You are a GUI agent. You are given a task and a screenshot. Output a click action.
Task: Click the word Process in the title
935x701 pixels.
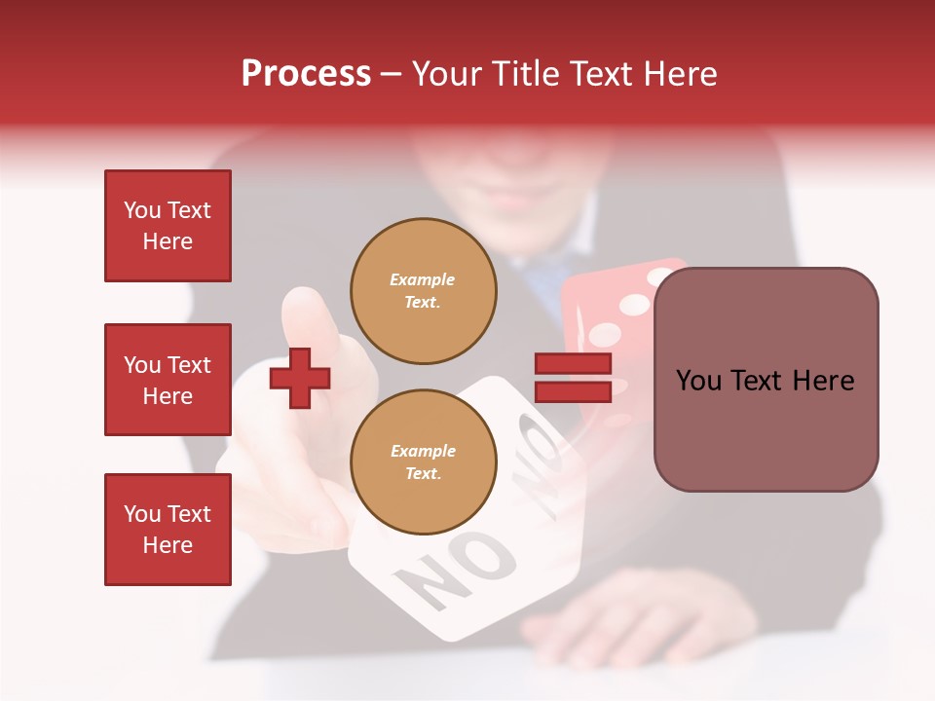(306, 74)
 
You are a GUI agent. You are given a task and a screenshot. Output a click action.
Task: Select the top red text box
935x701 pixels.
(168, 226)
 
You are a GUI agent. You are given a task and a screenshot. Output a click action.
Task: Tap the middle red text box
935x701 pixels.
(168, 380)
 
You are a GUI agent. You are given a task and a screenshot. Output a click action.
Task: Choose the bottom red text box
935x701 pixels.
(168, 530)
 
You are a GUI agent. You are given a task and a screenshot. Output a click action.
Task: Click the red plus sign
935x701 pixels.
(300, 377)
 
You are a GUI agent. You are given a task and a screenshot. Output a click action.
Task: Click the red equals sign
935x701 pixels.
(573, 378)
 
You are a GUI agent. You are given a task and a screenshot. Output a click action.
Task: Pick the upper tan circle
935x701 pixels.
(423, 291)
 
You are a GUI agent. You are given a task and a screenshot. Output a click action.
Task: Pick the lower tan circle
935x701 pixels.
(423, 462)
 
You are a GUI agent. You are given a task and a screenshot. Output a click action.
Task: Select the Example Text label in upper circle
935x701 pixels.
(423, 291)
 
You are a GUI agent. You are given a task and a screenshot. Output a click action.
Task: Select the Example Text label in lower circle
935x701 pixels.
(423, 462)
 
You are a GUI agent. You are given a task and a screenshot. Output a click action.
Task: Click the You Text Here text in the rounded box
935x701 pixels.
(766, 381)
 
